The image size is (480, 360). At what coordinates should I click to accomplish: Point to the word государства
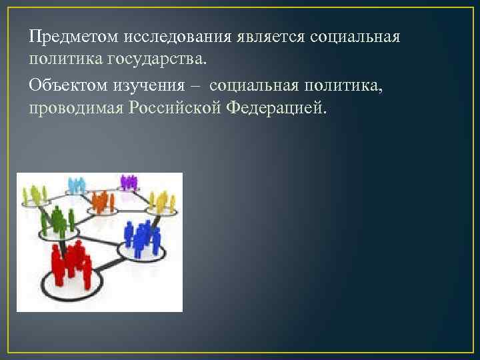[x=159, y=60]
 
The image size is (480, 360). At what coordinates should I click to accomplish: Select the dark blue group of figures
[x=141, y=237]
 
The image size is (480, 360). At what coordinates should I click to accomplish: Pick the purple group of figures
[x=129, y=181]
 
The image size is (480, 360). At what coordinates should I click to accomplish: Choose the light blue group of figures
[x=77, y=185]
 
